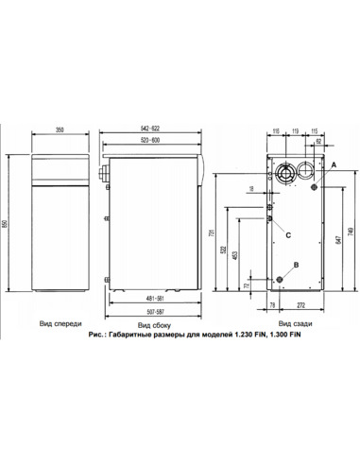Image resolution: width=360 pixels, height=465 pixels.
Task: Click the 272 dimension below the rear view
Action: [x=300, y=305]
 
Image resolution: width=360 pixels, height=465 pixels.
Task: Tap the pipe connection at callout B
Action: [x=280, y=279]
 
